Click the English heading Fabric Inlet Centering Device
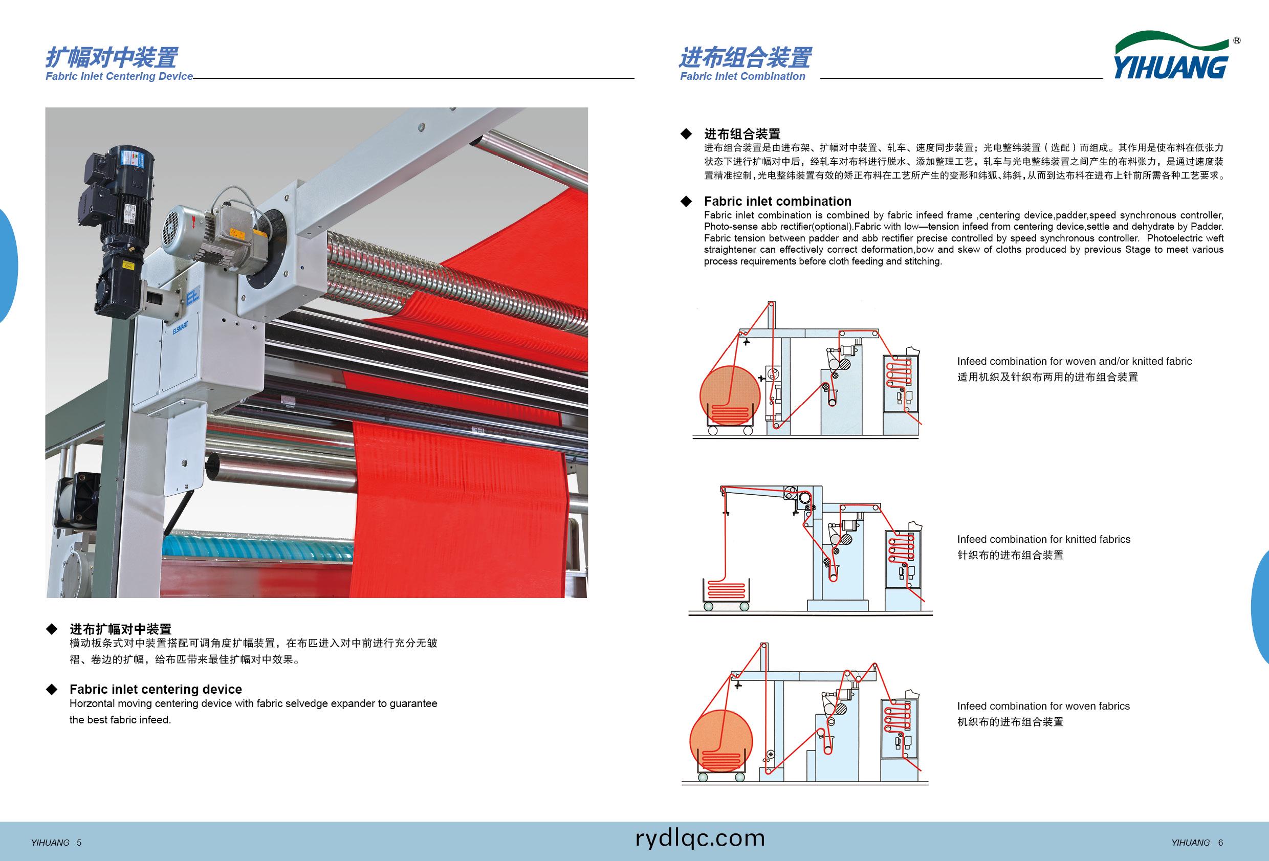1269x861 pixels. [119, 76]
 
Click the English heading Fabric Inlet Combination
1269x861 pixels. [742, 76]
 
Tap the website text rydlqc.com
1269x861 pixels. [700, 838]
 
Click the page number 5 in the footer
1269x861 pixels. [79, 843]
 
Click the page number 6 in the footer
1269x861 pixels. [1220, 843]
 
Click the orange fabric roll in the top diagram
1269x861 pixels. [730, 396]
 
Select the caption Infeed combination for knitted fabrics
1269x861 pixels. [1043, 539]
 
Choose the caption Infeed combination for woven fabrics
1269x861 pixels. [1043, 706]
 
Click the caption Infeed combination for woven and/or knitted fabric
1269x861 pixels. [1074, 361]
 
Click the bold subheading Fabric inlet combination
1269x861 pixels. [778, 201]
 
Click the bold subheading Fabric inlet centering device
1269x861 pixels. [156, 689]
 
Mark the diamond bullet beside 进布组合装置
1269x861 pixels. [686, 134]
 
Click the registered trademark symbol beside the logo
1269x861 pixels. [1237, 41]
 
